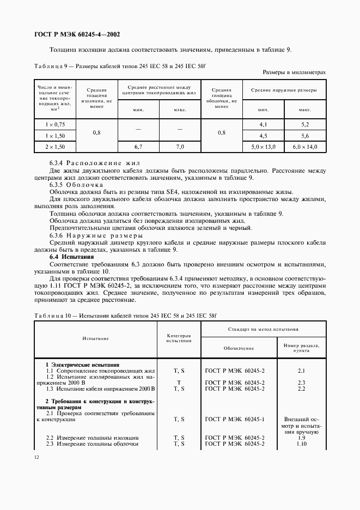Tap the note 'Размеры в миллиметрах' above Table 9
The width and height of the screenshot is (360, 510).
click(294, 72)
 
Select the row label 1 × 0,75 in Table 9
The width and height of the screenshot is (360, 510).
click(56, 125)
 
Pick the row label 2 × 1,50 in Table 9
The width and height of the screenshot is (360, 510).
click(56, 147)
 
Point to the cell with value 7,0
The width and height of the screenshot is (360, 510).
click(180, 147)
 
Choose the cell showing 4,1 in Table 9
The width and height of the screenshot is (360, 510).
click(264, 125)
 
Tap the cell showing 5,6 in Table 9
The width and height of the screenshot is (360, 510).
click(304, 136)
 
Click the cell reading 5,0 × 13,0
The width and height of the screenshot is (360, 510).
click(264, 147)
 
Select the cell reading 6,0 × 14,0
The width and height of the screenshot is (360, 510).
click(304, 147)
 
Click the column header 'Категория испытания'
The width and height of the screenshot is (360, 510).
click(179, 338)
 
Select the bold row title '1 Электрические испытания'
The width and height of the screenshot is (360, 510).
click(82, 365)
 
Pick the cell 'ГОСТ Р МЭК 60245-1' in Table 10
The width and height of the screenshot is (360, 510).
click(235, 419)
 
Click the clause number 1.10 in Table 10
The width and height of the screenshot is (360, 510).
click(301, 444)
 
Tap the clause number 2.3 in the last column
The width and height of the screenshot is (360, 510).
click(301, 382)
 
